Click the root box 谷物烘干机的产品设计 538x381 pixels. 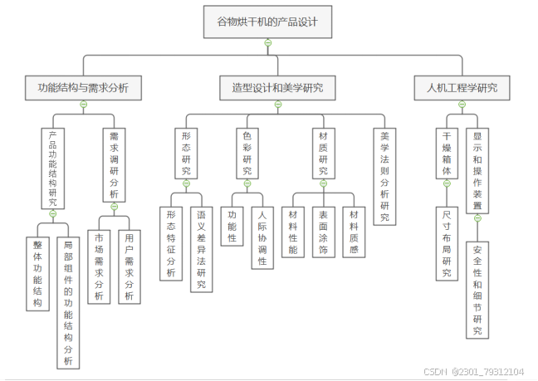(267, 22)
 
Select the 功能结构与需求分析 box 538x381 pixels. (83, 87)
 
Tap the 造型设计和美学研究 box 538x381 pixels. (277, 87)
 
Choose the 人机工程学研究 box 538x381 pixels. (462, 87)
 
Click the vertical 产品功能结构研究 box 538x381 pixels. (52, 169)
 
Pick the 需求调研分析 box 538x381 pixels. (115, 164)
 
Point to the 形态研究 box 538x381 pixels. (186, 152)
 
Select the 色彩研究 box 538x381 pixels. (247, 152)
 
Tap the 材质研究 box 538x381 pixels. (324, 152)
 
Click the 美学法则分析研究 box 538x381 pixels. (384, 176)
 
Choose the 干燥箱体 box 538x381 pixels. (447, 152)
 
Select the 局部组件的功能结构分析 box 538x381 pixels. (68, 302)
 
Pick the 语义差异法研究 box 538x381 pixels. (201, 249)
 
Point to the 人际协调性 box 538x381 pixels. (262, 237)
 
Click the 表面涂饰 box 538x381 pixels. (324, 232)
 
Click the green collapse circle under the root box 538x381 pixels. (267, 43)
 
